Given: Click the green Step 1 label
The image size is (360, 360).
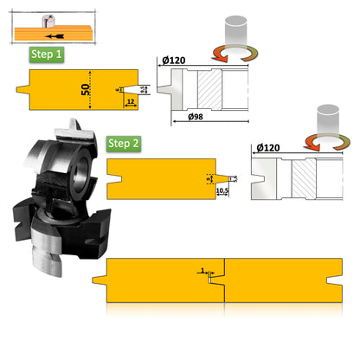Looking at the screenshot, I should [x=47, y=54].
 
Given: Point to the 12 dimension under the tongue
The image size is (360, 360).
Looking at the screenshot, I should [x=130, y=102].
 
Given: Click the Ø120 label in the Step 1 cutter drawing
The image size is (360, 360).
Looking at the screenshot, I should [x=172, y=60].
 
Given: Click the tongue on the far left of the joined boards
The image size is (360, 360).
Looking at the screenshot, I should [x=97, y=279].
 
